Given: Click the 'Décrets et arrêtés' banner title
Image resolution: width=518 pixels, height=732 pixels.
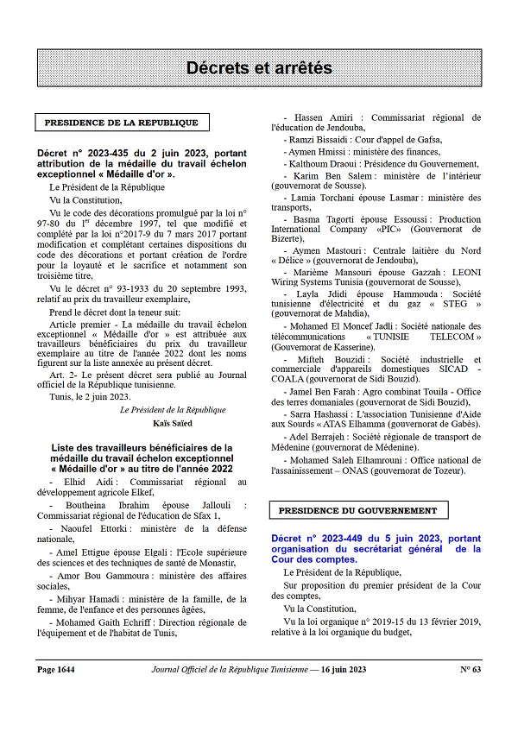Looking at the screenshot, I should pos(259,67).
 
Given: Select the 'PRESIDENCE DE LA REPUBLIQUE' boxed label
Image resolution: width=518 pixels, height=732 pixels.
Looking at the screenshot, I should pos(121,123).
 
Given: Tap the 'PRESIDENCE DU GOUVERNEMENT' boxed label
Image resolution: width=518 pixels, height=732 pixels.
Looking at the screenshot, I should pos(357,510).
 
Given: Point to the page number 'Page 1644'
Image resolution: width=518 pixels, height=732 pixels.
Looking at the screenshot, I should pos(58,669).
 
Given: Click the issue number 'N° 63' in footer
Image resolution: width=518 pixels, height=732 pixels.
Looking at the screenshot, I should pos(470,669).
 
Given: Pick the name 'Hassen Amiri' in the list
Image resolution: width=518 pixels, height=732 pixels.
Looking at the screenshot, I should pos(319,117).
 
